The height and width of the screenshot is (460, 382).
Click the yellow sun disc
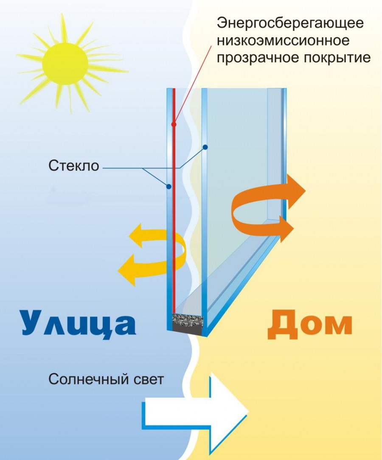click(65, 62)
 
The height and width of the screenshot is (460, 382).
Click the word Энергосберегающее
click(290, 23)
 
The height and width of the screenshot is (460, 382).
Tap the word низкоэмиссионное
click(283, 40)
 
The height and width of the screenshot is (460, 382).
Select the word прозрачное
click(253, 58)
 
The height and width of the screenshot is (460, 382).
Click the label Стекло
click(74, 166)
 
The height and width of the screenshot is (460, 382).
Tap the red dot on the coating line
click(174, 124)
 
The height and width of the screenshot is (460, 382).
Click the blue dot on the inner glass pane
click(205, 147)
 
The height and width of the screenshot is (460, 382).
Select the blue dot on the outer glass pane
click(169, 186)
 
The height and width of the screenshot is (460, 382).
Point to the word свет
click(149, 380)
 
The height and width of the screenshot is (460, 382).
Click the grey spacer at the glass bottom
click(187, 324)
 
